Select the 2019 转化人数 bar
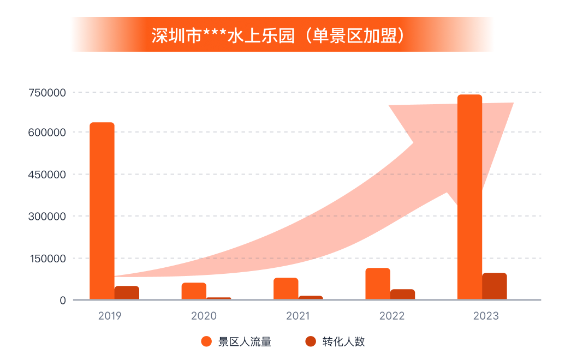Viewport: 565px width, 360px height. click(127, 292)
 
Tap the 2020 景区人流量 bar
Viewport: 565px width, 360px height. click(194, 291)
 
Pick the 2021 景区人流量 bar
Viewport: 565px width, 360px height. click(286, 289)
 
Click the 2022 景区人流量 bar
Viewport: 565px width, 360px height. click(378, 284)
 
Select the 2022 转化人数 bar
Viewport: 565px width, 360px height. click(402, 294)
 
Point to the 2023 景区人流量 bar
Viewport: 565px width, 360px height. click(469, 196)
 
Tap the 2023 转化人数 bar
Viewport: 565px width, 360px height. click(494, 286)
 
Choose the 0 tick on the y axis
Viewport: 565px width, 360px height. click(63, 301)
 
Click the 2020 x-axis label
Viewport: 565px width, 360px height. click(204, 316)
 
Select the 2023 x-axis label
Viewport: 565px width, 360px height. click(485, 316)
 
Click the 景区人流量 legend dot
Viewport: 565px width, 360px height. click(206, 342)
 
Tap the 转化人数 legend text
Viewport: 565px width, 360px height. click(343, 342)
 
